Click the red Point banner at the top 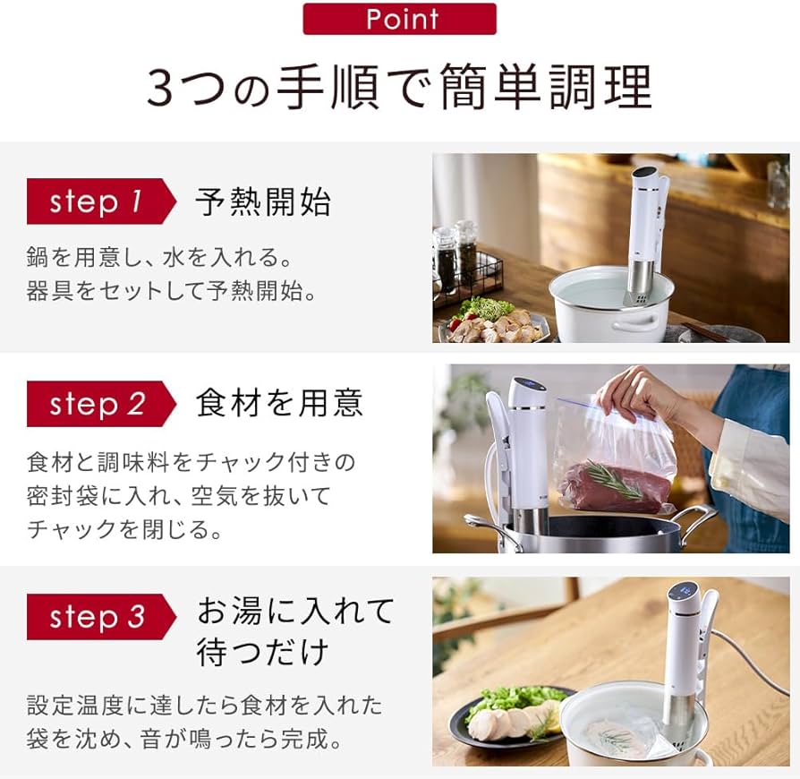[399, 19]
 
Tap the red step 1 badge [101, 201]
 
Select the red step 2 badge [101, 404]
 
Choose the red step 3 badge [101, 617]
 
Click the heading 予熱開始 [263, 201]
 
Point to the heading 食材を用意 [279, 403]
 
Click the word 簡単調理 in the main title [545, 87]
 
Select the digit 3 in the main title [161, 88]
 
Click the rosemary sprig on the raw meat [614, 478]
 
